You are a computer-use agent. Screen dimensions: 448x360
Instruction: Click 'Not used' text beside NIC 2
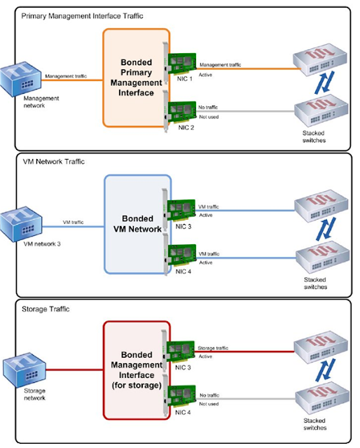[209, 118]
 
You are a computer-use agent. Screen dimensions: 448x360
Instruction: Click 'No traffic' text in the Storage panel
[208, 395]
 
